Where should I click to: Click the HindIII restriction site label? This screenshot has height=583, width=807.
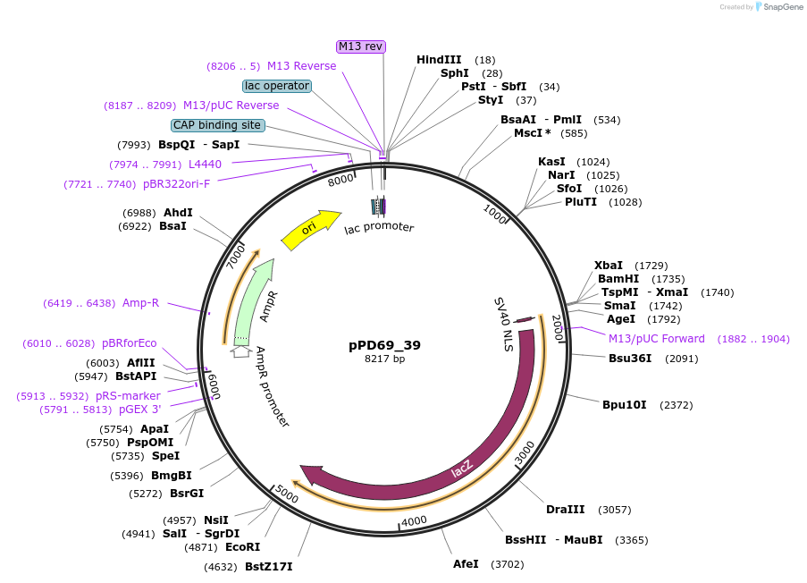(x=439, y=60)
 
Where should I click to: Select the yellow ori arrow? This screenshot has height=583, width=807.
(x=310, y=230)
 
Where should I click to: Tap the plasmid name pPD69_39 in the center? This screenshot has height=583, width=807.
(x=384, y=345)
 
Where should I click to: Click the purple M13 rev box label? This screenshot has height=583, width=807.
(x=361, y=46)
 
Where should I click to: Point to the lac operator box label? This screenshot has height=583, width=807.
(x=277, y=86)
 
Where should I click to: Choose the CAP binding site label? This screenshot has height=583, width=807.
(x=217, y=125)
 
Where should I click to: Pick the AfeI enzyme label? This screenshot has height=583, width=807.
(x=466, y=564)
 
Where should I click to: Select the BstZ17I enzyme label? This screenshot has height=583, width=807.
(x=268, y=567)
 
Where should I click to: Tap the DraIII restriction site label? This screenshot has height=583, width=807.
(x=565, y=510)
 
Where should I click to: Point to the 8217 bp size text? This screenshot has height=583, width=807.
(x=384, y=359)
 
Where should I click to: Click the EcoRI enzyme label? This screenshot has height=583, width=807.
(x=241, y=547)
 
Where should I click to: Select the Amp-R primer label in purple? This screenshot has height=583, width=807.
(x=140, y=303)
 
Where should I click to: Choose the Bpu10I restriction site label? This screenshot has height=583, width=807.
(x=624, y=405)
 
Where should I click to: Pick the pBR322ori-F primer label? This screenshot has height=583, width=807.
(x=176, y=184)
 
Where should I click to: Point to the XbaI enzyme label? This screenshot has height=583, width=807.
(x=609, y=266)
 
